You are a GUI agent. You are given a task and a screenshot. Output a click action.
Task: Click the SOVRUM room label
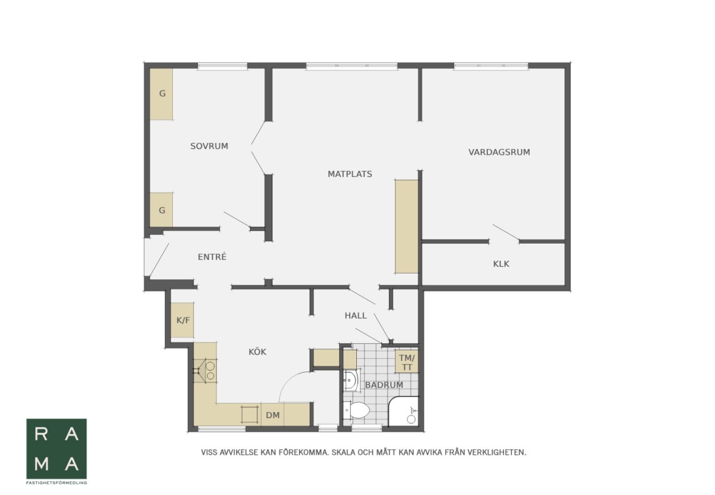tap(209, 146)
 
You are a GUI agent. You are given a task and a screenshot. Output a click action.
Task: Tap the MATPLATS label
tap(350, 175)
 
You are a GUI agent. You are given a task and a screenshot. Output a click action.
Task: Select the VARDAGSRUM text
tap(499, 152)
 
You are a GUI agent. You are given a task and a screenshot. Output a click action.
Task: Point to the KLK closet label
tap(501, 264)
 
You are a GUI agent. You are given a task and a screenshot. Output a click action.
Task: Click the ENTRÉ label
tap(212, 257)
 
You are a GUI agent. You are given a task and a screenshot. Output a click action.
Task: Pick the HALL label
tap(356, 316)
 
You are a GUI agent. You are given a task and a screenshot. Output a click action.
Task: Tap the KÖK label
tap(257, 351)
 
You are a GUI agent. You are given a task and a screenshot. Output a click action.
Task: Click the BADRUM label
tap(384, 385)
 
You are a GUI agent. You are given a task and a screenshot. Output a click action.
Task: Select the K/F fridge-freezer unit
tap(182, 320)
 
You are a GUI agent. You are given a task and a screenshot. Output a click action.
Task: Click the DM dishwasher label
tap(273, 415)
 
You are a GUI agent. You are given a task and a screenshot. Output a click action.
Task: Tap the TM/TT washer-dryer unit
tap(406, 362)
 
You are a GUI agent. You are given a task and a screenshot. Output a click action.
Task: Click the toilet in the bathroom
tap(357, 410)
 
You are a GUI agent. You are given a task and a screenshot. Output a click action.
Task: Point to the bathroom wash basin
tap(351, 380)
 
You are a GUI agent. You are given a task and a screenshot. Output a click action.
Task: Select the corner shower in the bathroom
tap(404, 412)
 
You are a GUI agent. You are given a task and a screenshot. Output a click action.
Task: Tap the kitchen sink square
tap(250, 414)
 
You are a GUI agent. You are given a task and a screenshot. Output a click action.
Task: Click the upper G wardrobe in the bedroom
tap(161, 94)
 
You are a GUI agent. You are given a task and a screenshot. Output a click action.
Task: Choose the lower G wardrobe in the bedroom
tap(161, 210)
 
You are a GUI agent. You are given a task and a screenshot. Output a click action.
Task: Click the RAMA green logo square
tap(57, 449)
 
